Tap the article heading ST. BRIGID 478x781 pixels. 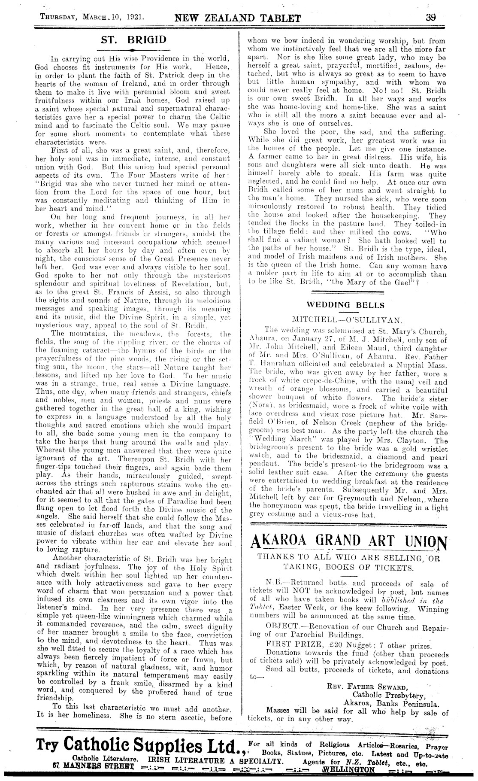[x=133, y=40]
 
